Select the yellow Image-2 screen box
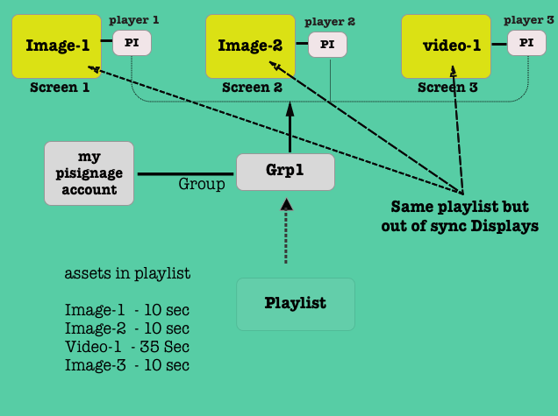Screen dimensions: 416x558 click(250, 45)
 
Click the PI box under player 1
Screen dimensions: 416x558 click(132, 42)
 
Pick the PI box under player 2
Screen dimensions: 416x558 click(327, 44)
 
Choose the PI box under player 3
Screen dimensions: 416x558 click(526, 41)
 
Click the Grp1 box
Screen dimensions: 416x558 click(285, 172)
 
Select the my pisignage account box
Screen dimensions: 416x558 click(89, 173)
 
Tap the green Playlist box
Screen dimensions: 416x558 click(296, 304)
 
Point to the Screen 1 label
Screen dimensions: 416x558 click(60, 88)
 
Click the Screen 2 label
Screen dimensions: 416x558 click(252, 88)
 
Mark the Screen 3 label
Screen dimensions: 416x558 click(447, 88)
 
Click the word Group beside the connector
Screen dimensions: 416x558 click(202, 184)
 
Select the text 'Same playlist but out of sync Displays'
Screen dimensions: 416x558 click(460, 217)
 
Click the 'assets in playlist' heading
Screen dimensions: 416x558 click(127, 273)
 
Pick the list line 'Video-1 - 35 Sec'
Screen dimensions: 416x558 click(127, 347)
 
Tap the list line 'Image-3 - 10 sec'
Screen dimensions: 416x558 click(127, 365)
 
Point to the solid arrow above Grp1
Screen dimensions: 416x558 click(290, 127)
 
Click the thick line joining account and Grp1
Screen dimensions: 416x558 click(185, 173)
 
